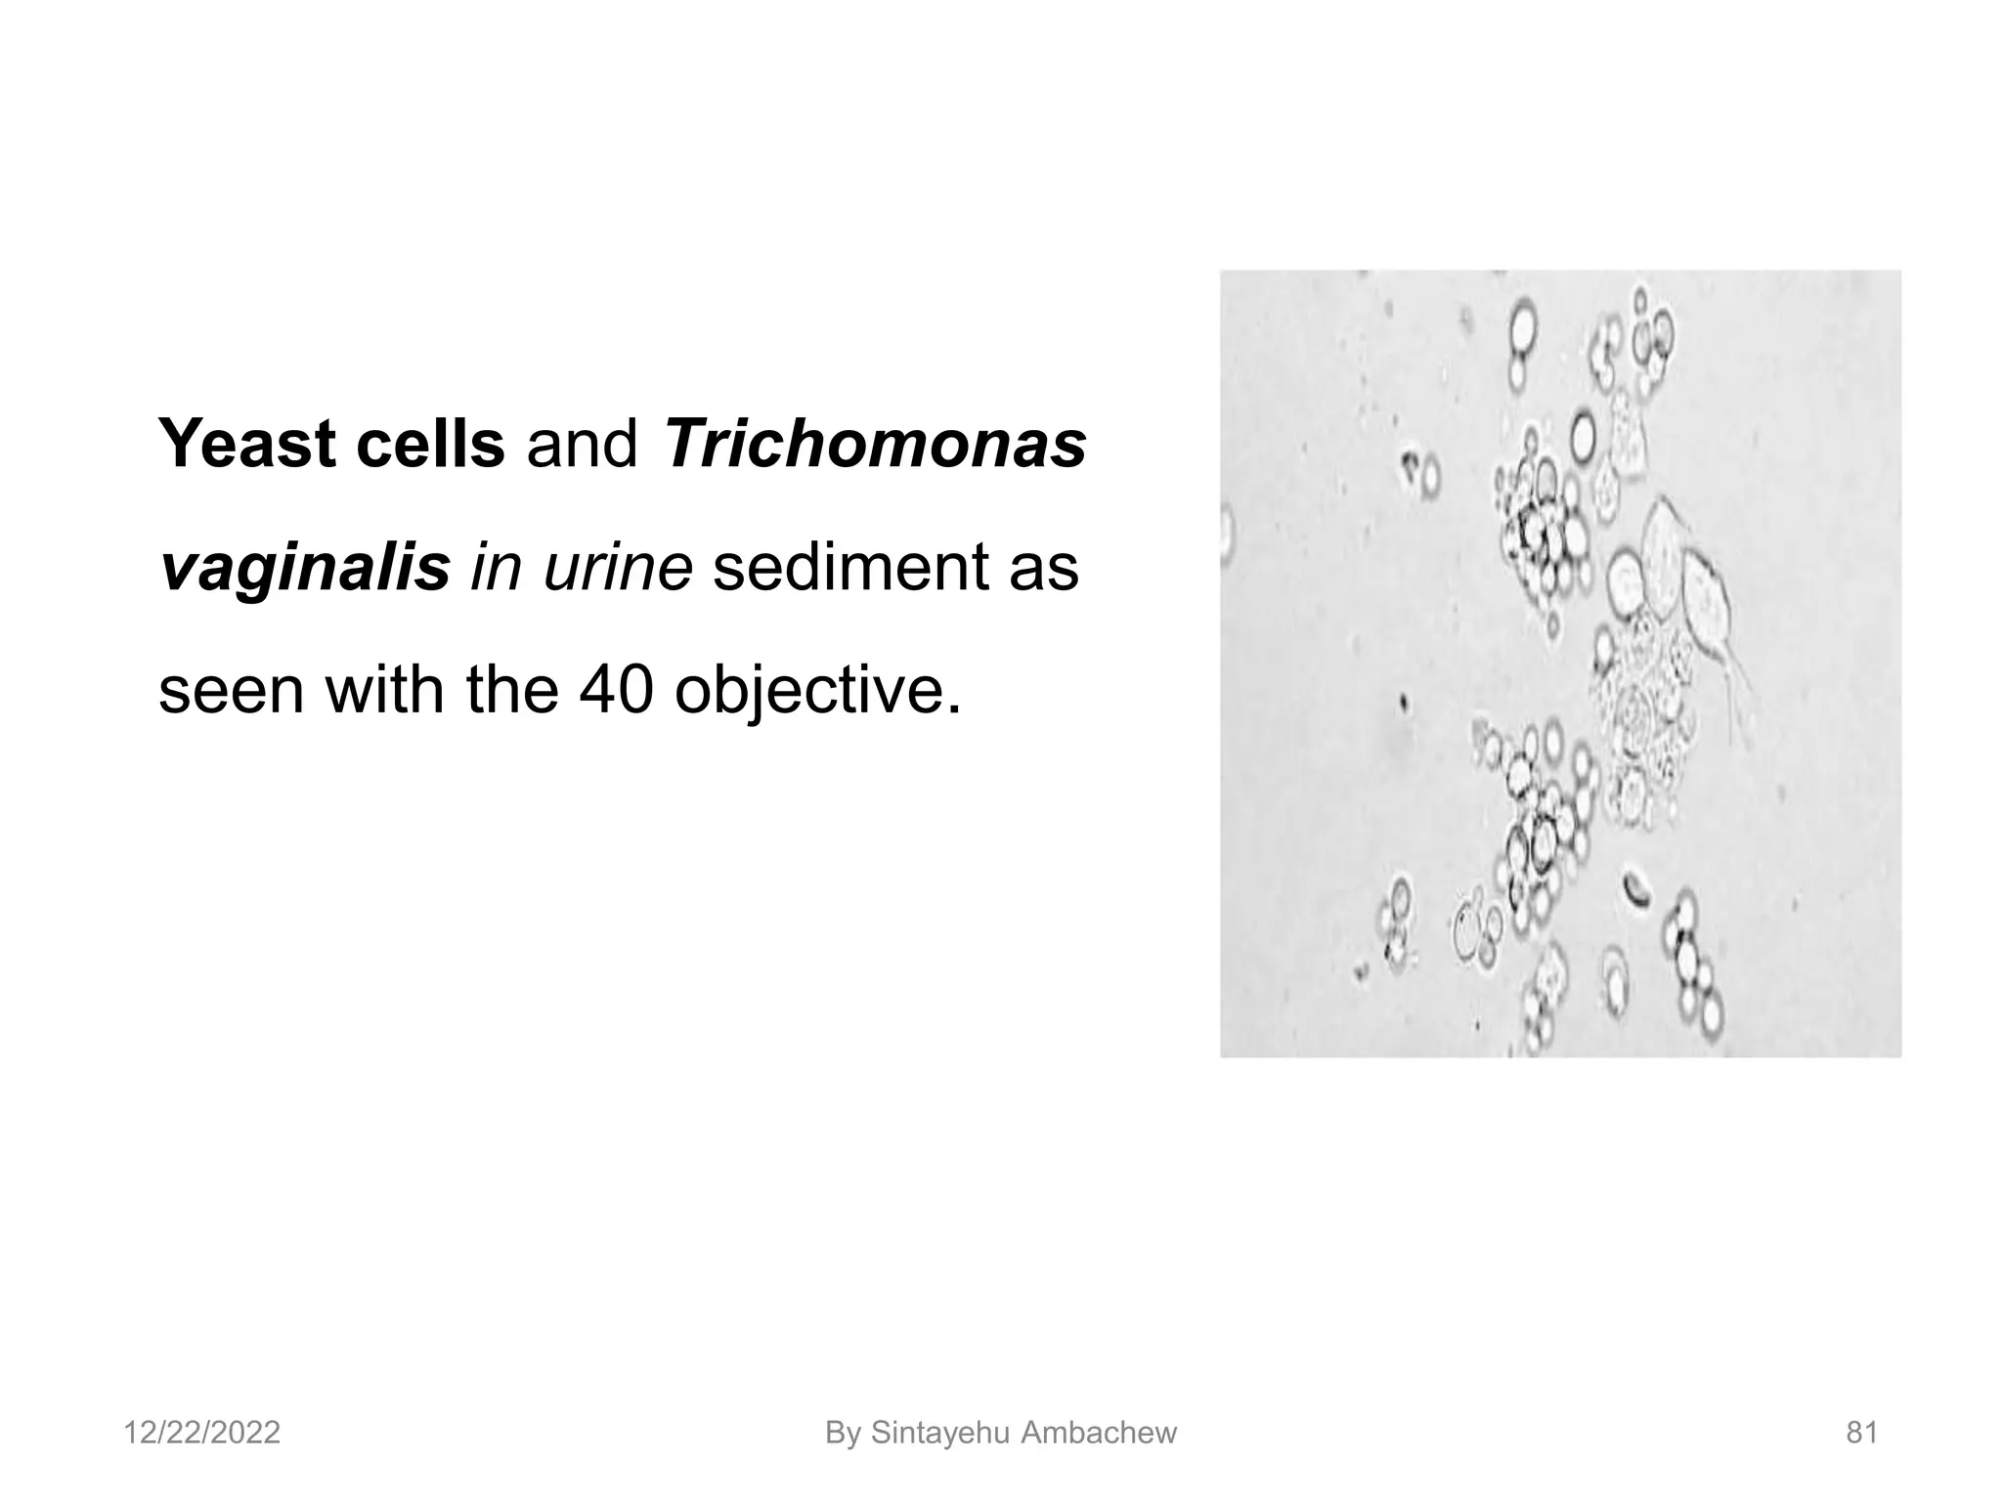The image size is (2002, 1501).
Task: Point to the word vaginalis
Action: (304, 568)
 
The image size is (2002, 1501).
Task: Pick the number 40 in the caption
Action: (615, 690)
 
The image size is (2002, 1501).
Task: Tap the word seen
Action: (233, 690)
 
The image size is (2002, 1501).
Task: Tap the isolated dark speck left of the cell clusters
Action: (1404, 701)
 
